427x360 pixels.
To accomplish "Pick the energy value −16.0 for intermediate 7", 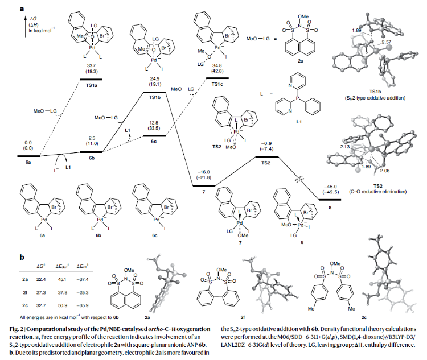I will coord(203,171).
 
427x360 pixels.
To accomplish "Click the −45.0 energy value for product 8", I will coord(330,186).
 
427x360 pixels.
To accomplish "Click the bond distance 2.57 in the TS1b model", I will coord(388,43).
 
